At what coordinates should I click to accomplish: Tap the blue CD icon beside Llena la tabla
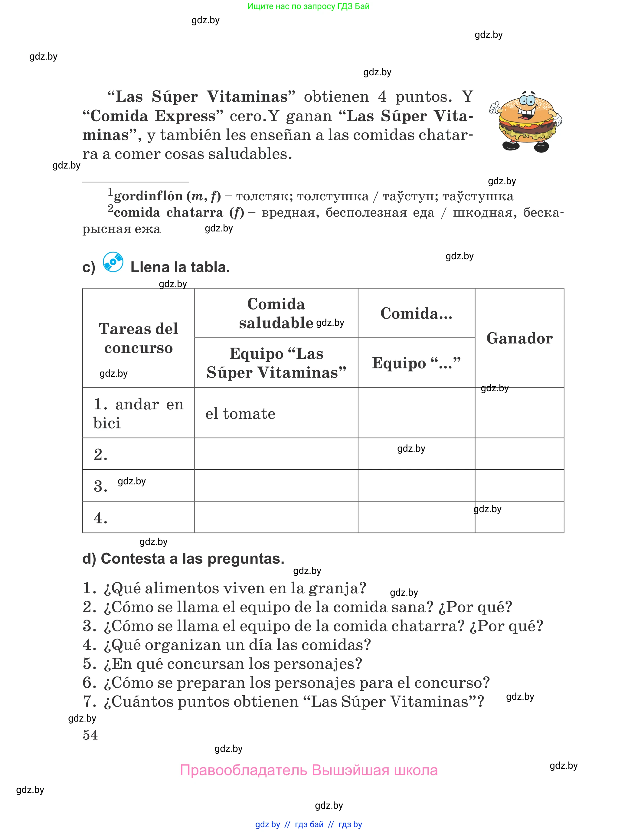[x=113, y=262]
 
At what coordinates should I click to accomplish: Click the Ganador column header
[x=519, y=338]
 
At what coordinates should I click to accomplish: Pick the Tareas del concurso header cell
[x=139, y=338]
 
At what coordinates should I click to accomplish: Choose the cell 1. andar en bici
[x=139, y=413]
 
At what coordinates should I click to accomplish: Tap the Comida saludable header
[x=276, y=313]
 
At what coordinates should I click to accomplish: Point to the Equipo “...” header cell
[x=416, y=363]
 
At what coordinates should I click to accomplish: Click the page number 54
[x=90, y=735]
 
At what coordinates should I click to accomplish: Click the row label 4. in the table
[x=100, y=518]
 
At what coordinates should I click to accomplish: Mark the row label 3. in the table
[x=100, y=486]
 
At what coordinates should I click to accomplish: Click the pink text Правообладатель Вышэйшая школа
[x=309, y=770]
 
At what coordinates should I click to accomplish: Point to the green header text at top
[x=308, y=6]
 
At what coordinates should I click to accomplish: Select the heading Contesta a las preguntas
[x=183, y=558]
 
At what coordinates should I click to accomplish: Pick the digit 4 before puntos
[x=382, y=97]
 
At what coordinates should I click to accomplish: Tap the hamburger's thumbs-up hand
[x=495, y=108]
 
